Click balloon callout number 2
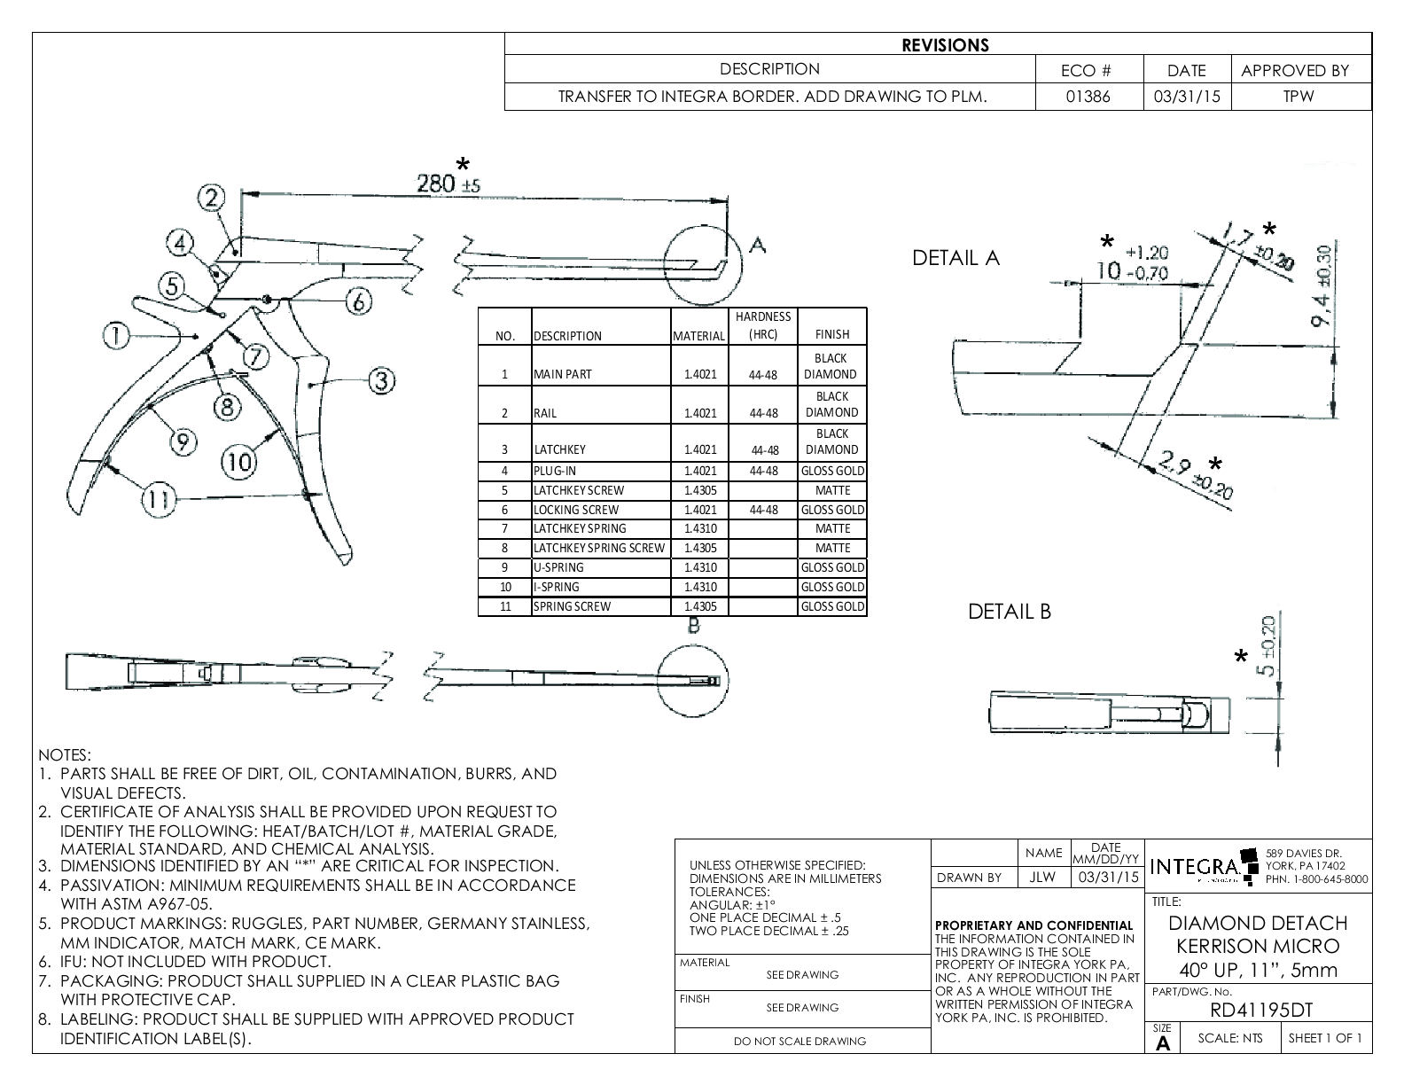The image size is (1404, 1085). pyautogui.click(x=212, y=198)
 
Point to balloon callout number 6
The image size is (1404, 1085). pyautogui.click(x=358, y=302)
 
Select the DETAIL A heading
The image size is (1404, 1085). pyautogui.click(x=955, y=258)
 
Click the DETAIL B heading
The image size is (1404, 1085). pyautogui.click(x=1009, y=612)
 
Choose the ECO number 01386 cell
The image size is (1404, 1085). pyautogui.click(x=1089, y=97)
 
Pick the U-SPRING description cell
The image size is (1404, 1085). pyautogui.click(x=558, y=568)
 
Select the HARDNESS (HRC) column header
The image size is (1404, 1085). pyautogui.click(x=762, y=325)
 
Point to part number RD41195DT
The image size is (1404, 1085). pyautogui.click(x=1260, y=1010)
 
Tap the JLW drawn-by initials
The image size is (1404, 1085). pyautogui.click(x=1043, y=878)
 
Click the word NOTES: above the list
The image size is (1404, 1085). pyautogui.click(x=65, y=755)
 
